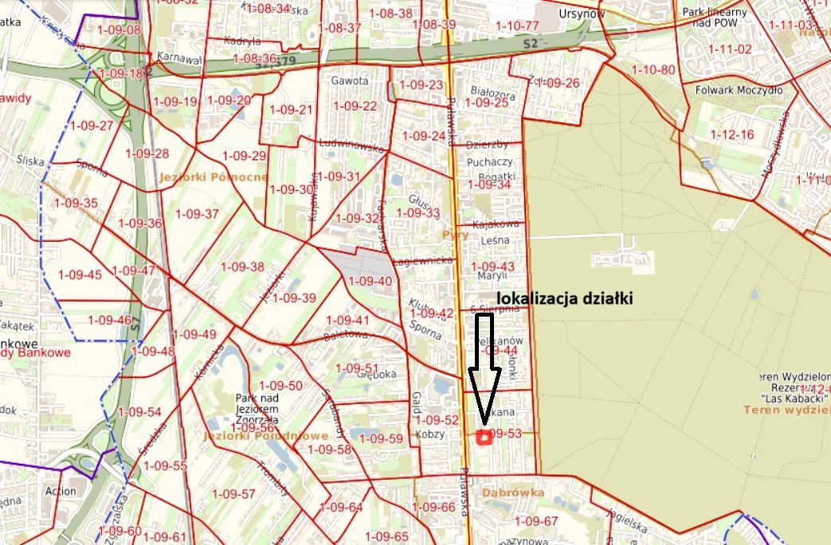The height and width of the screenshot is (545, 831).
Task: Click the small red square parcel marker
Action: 483,436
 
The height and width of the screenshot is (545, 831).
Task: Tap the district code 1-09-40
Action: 370,281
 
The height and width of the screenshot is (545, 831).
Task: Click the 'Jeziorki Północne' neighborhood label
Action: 213,177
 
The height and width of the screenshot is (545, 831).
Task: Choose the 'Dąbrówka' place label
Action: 513,492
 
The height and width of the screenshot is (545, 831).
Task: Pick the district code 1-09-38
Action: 242,267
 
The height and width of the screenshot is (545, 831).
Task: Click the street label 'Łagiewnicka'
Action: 422,260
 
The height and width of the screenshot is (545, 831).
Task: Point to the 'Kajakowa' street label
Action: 496,224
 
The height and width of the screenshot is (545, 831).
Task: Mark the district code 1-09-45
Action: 80,274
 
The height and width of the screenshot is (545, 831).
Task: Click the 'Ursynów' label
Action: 582,14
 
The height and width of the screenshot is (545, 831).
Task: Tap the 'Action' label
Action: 61,491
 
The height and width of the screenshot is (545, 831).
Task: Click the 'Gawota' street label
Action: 350,80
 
